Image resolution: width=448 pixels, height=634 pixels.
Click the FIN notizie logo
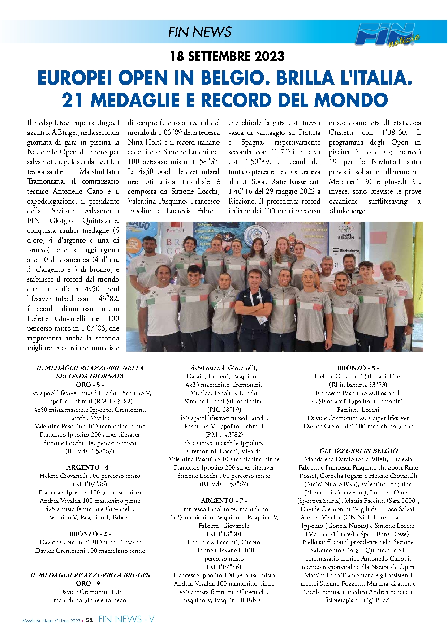(x=387, y=34)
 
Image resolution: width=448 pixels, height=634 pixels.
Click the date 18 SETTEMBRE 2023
(x=227, y=56)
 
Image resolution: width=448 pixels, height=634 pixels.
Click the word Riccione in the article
(x=241, y=201)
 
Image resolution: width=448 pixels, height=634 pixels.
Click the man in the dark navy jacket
(x=254, y=304)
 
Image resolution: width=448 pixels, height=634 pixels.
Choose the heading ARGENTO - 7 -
(x=224, y=500)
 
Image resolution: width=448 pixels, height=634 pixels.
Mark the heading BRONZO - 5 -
(x=358, y=368)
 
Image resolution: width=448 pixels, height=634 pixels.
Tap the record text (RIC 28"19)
(x=224, y=410)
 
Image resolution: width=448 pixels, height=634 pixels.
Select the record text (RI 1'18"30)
(x=224, y=534)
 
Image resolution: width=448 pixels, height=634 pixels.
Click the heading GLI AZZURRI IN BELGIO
(x=358, y=451)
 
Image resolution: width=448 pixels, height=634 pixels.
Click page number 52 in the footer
(x=89, y=620)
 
